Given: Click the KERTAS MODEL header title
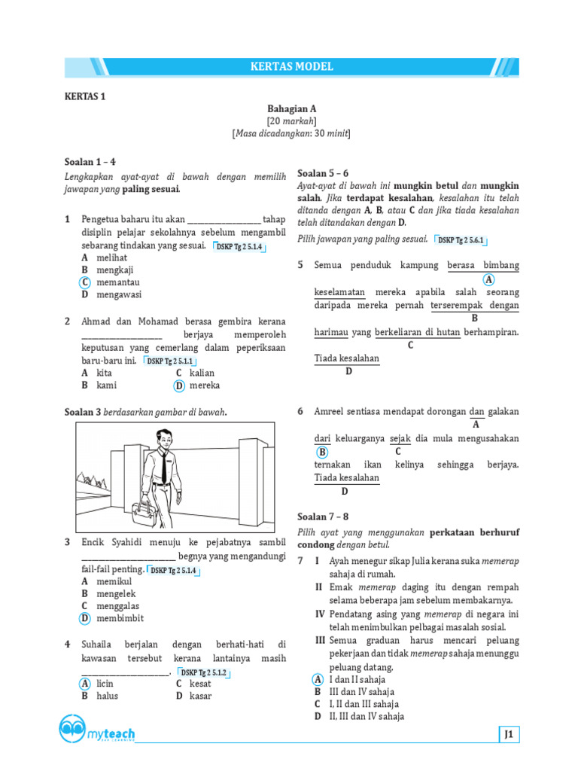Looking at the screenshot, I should click(x=291, y=67).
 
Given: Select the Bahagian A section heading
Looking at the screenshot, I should click(x=291, y=108).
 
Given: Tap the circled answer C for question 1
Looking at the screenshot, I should click(x=86, y=282).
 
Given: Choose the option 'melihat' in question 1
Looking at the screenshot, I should click(x=111, y=257).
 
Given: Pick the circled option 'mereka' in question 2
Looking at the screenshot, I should click(x=204, y=385).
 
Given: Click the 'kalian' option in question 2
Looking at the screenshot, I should click(x=202, y=373).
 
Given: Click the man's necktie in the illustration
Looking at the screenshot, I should click(x=163, y=467).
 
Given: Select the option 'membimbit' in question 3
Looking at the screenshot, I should click(x=120, y=618).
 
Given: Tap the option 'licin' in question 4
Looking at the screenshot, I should click(x=105, y=684).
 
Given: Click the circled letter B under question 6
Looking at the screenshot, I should click(x=322, y=452).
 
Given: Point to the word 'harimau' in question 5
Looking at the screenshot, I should click(x=331, y=332).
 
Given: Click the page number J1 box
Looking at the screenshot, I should click(x=509, y=734).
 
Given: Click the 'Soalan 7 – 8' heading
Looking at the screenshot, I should click(x=323, y=517).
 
